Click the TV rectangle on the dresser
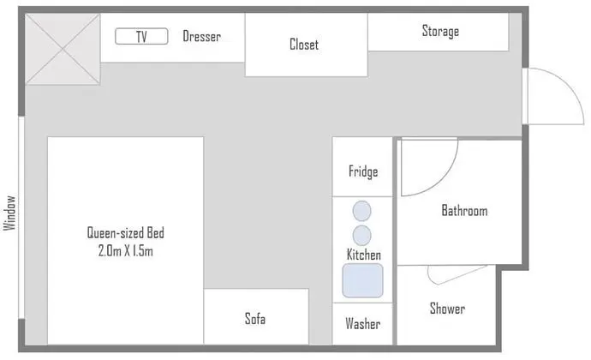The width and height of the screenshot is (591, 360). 141,36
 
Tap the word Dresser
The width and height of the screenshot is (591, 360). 201,36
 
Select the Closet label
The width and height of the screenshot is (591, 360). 304,45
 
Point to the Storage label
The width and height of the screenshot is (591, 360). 440,31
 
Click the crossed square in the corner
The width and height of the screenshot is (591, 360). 63,49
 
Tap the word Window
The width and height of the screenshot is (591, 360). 10,213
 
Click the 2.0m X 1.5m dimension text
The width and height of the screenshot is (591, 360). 126,250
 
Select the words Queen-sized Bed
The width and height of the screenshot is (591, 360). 126,232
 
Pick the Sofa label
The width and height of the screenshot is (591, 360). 255,319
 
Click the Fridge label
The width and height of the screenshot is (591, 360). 363,171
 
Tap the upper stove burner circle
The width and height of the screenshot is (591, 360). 361,211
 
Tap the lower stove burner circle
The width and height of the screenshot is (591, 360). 361,236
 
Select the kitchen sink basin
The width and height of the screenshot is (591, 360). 362,280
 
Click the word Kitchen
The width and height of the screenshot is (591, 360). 364,255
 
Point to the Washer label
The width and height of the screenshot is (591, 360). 362,323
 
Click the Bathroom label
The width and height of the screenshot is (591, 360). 464,210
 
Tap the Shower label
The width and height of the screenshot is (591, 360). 447,309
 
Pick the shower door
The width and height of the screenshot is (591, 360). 457,275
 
